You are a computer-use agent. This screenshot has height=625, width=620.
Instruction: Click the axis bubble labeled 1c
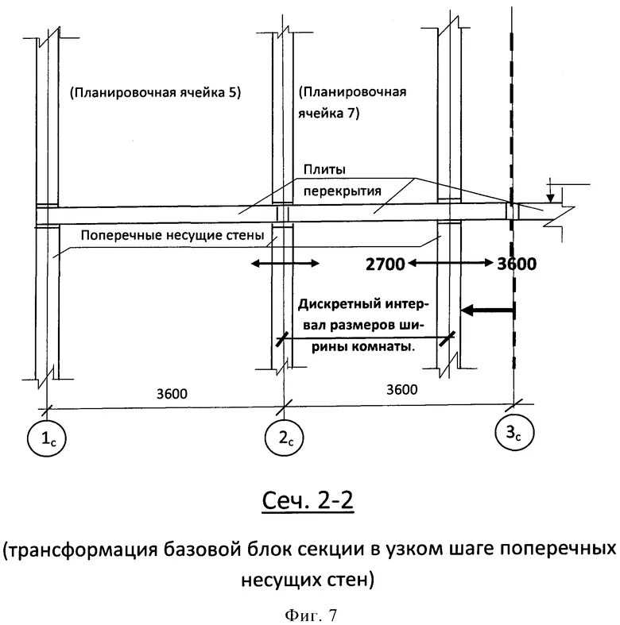coord(47,437)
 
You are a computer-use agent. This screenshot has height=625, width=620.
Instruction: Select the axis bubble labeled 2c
coord(281,439)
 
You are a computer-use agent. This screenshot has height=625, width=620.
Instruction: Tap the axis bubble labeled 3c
coord(513,434)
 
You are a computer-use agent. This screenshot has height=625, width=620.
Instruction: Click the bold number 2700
coord(385,263)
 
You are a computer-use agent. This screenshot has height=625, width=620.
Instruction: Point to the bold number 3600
coord(517,263)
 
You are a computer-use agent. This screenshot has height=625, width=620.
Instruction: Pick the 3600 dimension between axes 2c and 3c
coord(401,389)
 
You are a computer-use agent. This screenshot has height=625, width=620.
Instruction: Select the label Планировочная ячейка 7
coord(352,102)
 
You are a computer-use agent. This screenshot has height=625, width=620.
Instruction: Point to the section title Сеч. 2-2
coord(308,501)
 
